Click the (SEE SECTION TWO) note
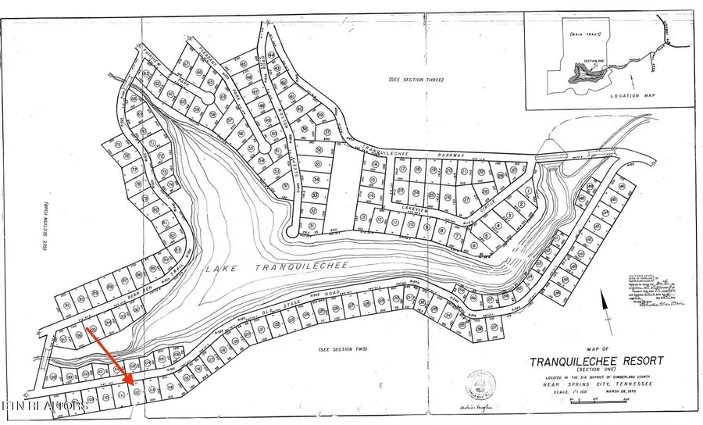(x=342, y=349)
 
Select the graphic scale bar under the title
(x=598, y=402)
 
